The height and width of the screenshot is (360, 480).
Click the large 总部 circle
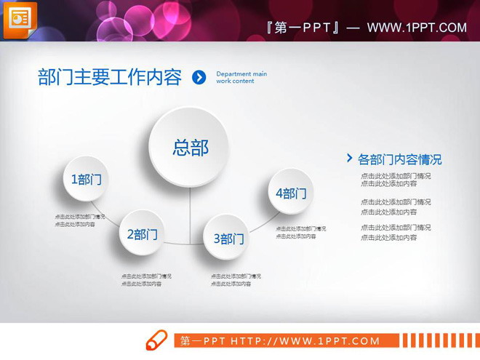click(x=190, y=148)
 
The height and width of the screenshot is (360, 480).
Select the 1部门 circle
click(x=86, y=179)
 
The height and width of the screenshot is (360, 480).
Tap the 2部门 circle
click(x=142, y=234)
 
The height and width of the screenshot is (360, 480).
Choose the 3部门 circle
click(x=228, y=238)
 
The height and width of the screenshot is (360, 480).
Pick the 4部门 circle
click(x=291, y=193)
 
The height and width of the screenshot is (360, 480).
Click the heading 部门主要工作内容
click(x=110, y=78)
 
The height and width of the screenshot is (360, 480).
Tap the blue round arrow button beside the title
click(x=199, y=78)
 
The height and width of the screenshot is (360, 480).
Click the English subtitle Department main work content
click(x=241, y=77)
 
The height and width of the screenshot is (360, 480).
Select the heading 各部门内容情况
click(x=399, y=159)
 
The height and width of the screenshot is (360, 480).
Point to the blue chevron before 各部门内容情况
click(x=350, y=158)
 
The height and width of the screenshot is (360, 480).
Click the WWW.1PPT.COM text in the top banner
click(x=416, y=28)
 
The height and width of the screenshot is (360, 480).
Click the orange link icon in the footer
click(x=156, y=340)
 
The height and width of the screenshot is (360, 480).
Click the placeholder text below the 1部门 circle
click(x=79, y=220)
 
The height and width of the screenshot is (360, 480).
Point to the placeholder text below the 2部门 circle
click(x=146, y=280)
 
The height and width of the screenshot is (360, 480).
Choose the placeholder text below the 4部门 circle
click(x=300, y=232)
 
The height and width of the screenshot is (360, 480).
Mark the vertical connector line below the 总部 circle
click(x=190, y=215)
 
